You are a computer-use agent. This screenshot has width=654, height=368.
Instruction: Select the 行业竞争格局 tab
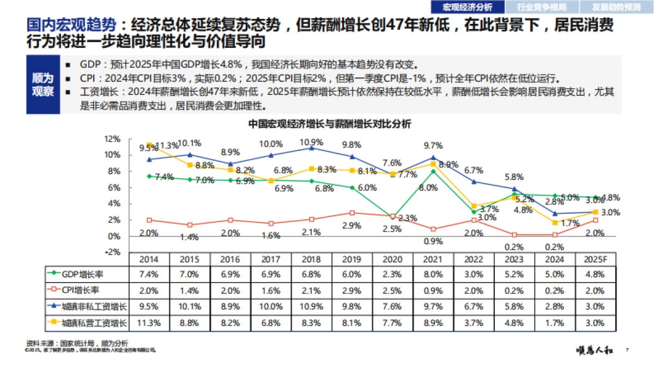pyautogui.click(x=541, y=7)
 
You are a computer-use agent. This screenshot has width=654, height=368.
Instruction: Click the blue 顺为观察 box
pyautogui.click(x=43, y=85)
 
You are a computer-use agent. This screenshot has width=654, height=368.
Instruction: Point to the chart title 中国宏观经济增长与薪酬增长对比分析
pyautogui.click(x=329, y=124)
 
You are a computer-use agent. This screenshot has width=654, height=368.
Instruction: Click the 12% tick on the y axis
pyautogui.click(x=112, y=138)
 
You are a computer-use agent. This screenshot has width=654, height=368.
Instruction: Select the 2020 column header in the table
pyautogui.click(x=392, y=259)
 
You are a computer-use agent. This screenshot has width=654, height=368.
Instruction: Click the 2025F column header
pyautogui.click(x=596, y=259)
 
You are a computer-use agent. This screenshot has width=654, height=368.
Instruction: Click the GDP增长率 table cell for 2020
pyautogui.click(x=392, y=274)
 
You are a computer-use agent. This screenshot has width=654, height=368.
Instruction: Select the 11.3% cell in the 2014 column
pyautogui.click(x=148, y=323)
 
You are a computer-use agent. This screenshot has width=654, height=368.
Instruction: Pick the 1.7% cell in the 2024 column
pyautogui.click(x=555, y=323)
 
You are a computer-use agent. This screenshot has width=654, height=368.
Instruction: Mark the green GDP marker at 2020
pyautogui.click(x=392, y=216)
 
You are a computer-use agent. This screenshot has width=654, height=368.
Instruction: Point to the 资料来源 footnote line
pyautogui.click(x=76, y=343)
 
